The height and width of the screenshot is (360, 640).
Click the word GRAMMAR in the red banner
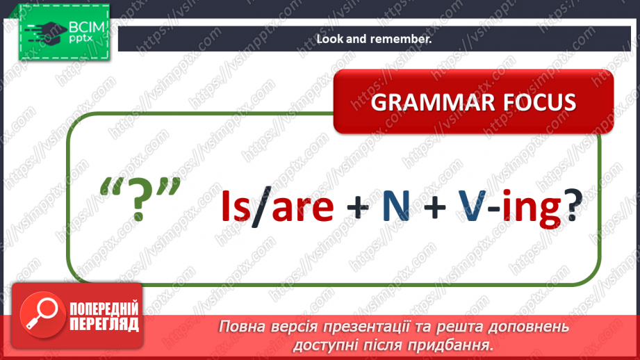(x=432, y=102)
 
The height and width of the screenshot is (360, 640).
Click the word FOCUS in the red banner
(x=540, y=102)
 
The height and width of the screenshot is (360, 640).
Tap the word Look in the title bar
(x=330, y=39)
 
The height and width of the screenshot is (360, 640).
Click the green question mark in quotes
(x=139, y=199)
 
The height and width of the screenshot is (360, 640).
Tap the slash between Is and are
(x=261, y=206)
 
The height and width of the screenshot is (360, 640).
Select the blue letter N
(x=395, y=206)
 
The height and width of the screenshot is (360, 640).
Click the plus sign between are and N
(x=358, y=207)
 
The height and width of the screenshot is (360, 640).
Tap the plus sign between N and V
(x=434, y=207)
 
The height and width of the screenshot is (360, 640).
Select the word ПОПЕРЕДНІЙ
(x=104, y=309)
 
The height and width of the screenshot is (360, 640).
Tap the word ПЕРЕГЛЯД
(x=104, y=325)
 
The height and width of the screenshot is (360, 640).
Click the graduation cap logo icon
(x=45, y=33)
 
